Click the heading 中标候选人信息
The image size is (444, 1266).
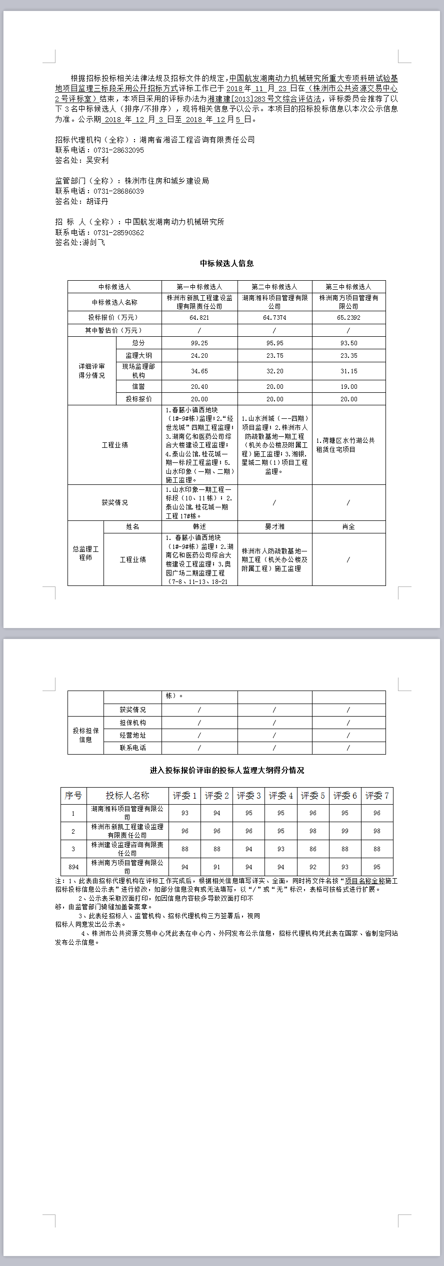(226, 263)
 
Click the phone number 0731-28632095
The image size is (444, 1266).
(118, 150)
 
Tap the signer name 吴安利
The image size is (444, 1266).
(97, 160)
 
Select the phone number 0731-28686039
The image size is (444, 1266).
(118, 191)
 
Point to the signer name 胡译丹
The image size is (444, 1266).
(97, 201)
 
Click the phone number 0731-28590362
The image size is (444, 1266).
(118, 233)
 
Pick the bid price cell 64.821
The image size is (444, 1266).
(199, 318)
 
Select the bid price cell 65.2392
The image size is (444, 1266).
(348, 318)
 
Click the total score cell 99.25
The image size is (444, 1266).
(199, 343)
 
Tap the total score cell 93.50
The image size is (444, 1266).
(348, 343)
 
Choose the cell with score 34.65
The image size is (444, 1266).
(199, 371)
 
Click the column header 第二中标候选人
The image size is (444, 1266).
(274, 287)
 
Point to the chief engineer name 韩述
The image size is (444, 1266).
(199, 526)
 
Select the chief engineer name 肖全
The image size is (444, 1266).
(348, 526)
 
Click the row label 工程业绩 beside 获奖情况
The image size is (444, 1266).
(114, 445)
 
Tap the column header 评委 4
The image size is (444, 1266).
(280, 796)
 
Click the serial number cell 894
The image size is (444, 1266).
(73, 867)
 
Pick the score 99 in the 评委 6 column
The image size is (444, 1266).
(344, 831)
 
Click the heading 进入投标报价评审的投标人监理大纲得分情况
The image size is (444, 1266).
(226, 770)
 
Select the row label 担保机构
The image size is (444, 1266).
(132, 723)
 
